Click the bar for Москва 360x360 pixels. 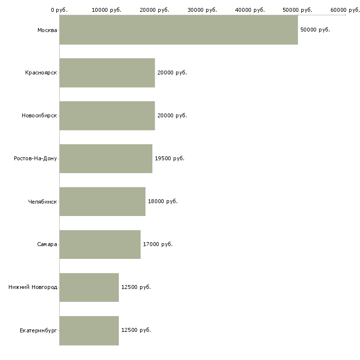(x=179, y=30)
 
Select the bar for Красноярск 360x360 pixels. (x=107, y=73)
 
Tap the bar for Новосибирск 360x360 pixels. (x=107, y=116)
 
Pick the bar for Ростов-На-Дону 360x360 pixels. (x=106, y=159)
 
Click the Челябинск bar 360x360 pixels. (x=103, y=202)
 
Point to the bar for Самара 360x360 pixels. (x=100, y=245)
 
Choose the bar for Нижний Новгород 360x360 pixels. (x=89, y=288)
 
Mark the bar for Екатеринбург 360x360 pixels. (x=89, y=330)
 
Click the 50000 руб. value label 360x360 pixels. (x=315, y=30)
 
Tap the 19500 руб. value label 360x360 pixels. (x=170, y=159)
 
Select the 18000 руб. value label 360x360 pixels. (x=163, y=202)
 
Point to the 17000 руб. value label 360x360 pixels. (x=158, y=245)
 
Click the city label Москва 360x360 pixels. (x=47, y=30)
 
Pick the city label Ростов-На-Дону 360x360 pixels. (x=36, y=159)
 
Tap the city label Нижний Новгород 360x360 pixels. (x=33, y=288)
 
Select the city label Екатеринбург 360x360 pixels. (x=38, y=330)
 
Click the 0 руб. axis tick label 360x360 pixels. (x=59, y=10)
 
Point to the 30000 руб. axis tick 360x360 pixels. (x=202, y=10)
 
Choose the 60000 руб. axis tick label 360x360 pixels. (x=345, y=10)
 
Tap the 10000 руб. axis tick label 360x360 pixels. (x=107, y=10)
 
